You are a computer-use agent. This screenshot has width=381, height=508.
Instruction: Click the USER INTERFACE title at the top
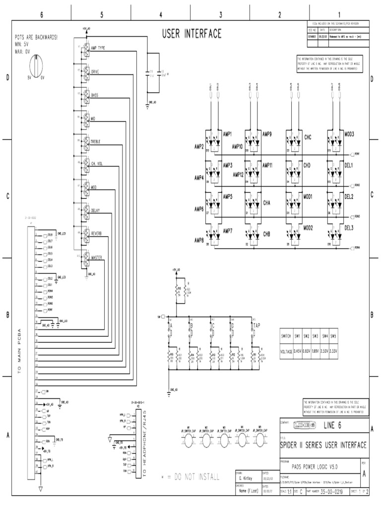point(191,34)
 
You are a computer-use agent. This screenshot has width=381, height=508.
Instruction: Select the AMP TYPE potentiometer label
point(98,48)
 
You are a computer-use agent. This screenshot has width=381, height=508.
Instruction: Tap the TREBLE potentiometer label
point(95,142)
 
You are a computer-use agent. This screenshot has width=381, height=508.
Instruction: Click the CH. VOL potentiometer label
point(97,163)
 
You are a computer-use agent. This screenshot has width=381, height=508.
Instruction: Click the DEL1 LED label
point(349,165)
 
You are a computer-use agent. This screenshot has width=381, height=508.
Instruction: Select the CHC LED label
point(307,136)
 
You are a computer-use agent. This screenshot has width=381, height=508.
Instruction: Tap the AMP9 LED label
point(267,134)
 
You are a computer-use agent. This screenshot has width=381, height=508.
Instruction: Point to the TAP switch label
point(256,325)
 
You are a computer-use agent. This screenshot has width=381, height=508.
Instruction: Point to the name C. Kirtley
point(247,480)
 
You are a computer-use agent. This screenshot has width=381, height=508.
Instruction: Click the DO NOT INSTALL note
point(190,477)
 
